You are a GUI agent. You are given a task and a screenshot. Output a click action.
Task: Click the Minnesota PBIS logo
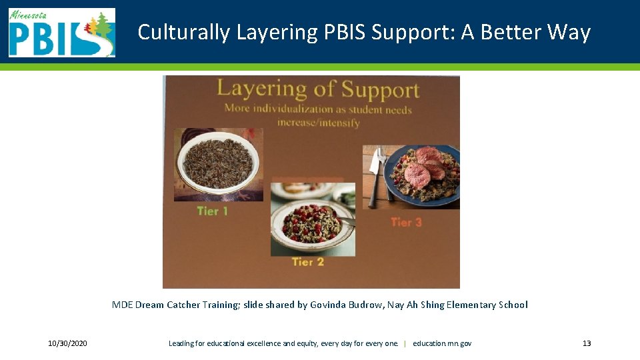(61, 33)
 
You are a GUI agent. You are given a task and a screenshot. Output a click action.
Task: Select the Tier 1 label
(213, 211)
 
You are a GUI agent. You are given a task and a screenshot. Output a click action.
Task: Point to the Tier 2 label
(307, 262)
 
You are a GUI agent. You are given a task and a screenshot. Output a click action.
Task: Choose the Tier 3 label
(406, 222)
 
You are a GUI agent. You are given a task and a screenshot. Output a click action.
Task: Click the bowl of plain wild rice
(217, 162)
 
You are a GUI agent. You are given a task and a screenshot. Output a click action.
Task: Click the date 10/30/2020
(67, 343)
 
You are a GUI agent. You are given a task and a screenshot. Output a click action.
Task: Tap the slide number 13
(587, 343)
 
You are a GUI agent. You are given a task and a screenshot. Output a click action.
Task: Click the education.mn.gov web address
(442, 343)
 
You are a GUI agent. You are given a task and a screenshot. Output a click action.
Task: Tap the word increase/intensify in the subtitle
(318, 123)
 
